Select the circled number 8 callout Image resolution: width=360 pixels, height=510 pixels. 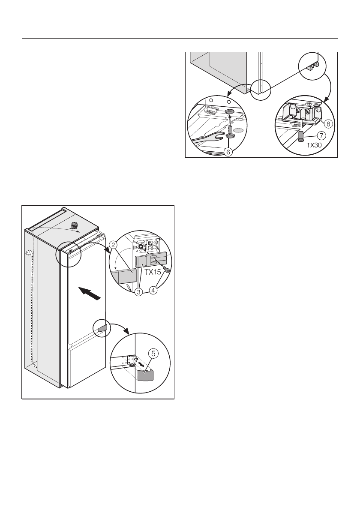[328, 124]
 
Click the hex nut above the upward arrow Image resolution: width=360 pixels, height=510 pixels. [229, 111]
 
